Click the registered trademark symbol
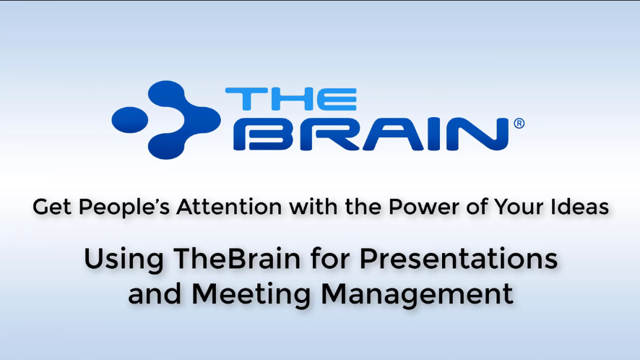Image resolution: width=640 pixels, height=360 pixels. tap(518, 124)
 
